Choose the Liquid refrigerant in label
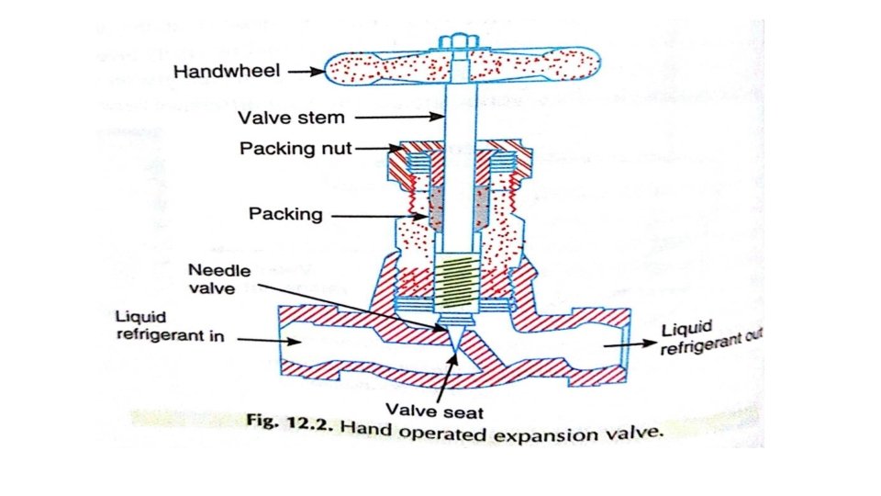tap(170, 325)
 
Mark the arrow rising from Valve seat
tap(446, 377)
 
